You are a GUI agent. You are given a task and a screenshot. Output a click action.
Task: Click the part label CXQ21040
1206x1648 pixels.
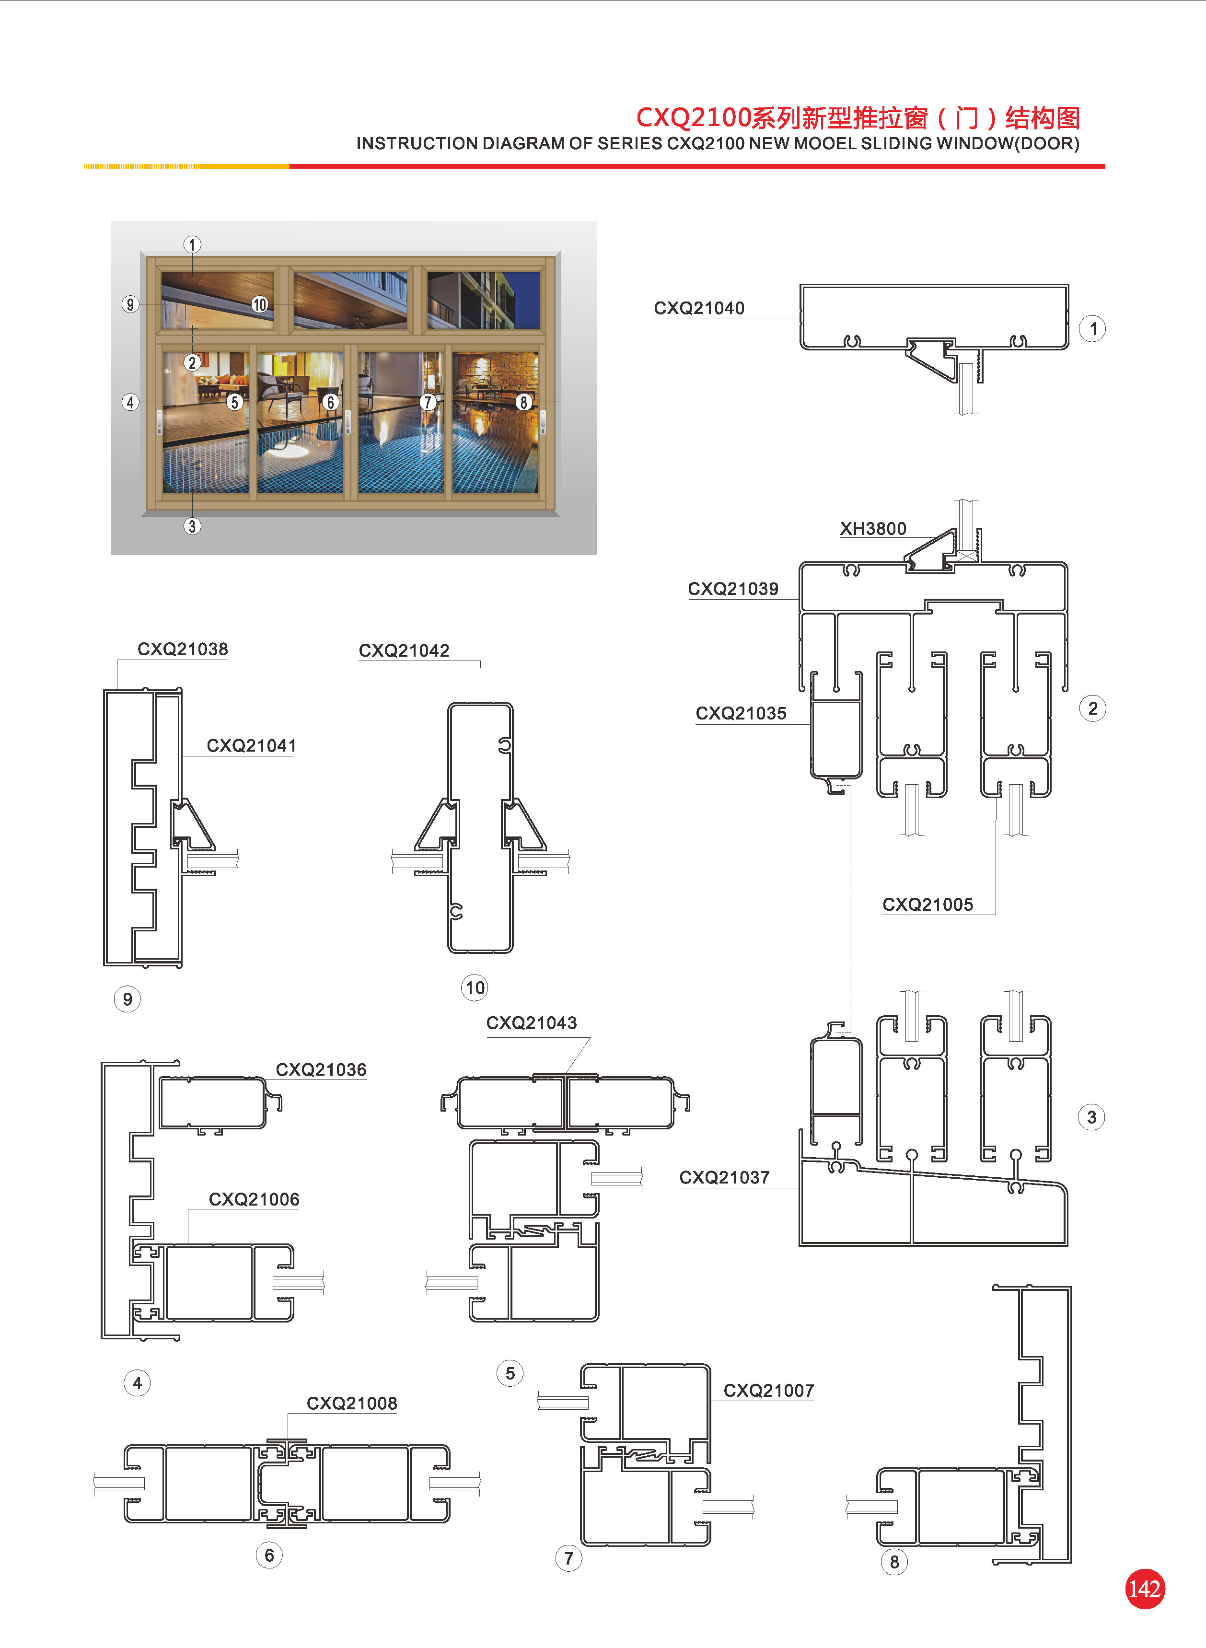pos(699,308)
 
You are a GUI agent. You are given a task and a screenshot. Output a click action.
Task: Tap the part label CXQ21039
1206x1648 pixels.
pos(733,588)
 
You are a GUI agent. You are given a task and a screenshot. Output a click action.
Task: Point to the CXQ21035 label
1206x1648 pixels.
pos(741,713)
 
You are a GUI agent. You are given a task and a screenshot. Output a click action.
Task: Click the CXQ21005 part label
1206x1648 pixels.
pos(928,904)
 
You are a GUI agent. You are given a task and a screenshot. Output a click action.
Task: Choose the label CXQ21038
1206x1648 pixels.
pos(183,649)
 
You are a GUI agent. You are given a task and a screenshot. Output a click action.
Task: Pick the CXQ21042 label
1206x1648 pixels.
pos(404,650)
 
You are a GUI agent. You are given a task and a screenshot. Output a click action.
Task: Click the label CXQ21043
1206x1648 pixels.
pos(532,1022)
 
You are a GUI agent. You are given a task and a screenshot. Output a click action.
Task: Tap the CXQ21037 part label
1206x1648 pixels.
pos(724,1177)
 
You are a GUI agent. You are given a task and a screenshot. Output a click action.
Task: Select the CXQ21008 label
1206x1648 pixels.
pos(352,1403)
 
